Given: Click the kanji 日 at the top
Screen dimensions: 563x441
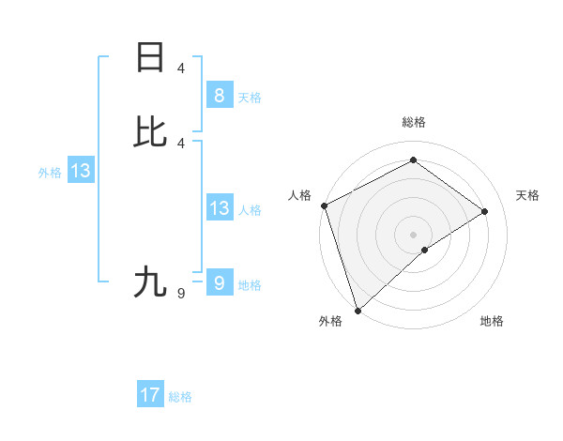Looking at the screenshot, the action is click(x=150, y=57).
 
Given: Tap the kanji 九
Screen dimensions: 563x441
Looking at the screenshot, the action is click(x=150, y=281).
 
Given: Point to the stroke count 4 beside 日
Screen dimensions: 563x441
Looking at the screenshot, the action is click(x=181, y=68).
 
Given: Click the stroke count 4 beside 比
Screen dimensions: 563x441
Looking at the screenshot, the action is click(x=181, y=143).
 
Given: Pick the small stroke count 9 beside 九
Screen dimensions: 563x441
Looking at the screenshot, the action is click(x=181, y=294).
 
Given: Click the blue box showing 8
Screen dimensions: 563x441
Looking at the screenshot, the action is click(x=219, y=95).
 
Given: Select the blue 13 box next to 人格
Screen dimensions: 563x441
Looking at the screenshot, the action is click(x=219, y=208).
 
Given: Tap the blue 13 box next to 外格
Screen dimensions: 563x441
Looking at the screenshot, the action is click(x=81, y=171).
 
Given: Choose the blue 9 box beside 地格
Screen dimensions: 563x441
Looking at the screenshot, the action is click(x=219, y=282).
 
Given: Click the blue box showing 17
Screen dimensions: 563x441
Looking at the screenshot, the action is click(x=150, y=395).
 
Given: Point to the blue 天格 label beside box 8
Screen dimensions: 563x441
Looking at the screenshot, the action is click(x=250, y=98).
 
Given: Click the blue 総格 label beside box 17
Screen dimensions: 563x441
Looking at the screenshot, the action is click(x=180, y=398).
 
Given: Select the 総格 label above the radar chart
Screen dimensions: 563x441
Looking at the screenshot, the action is click(x=413, y=122).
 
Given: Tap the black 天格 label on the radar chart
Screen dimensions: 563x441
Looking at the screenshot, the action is click(x=527, y=195).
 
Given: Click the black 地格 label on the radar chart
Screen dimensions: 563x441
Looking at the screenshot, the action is click(x=492, y=321).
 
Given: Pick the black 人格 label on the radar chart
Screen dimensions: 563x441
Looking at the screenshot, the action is click(x=299, y=195).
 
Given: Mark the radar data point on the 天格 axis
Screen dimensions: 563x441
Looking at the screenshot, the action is click(x=485, y=211).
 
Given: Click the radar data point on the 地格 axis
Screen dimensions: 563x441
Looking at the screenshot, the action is click(x=425, y=250).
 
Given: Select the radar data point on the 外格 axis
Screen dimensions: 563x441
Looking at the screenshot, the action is click(x=358, y=309).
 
